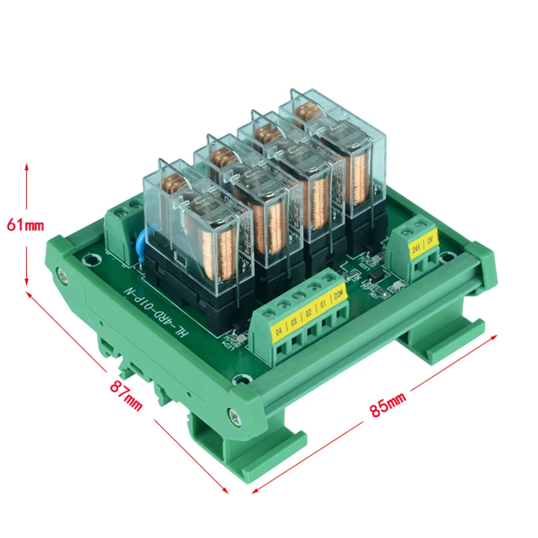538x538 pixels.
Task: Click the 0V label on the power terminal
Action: [x=430, y=238]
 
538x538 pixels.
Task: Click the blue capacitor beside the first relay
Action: [x=142, y=241]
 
